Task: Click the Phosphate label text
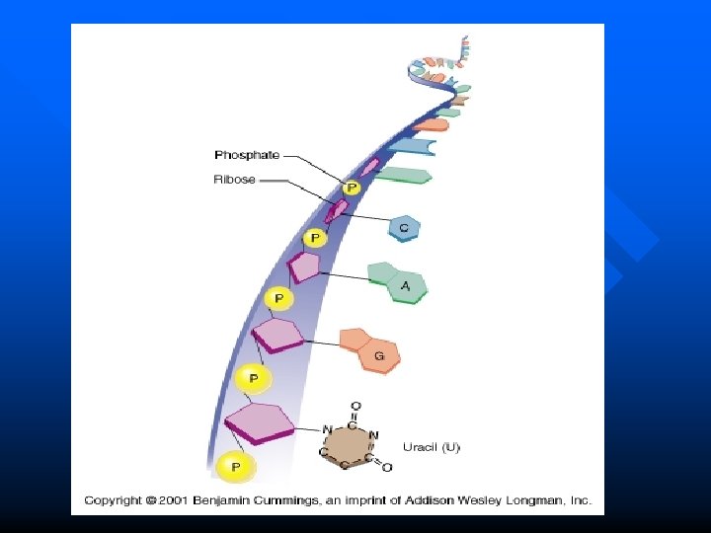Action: pos(247,155)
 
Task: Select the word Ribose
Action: pos(235,180)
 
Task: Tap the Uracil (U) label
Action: pos(431,447)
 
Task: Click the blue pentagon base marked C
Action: pos(404,228)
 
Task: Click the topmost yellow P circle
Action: pos(351,188)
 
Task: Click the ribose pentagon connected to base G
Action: pos(278,336)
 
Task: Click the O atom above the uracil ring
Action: pos(355,406)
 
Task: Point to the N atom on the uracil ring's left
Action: pos(327,429)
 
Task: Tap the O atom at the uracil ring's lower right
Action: pos(386,467)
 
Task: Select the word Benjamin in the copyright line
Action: pos(220,500)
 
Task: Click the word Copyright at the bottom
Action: pos(113,500)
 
